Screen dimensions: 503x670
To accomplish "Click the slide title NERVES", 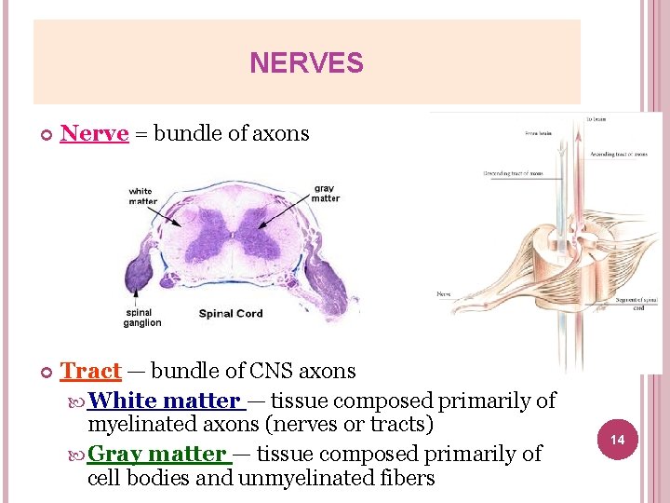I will (x=306, y=63).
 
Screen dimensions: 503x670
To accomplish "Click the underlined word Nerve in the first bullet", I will (x=94, y=133).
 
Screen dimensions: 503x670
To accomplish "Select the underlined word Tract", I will (x=90, y=371).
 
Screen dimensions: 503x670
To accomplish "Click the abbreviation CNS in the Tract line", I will (x=269, y=371).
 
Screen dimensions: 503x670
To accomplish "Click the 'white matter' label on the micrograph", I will (x=142, y=196).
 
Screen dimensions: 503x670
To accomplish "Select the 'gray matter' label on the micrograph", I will (x=326, y=193).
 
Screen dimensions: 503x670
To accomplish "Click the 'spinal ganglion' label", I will (x=142, y=318).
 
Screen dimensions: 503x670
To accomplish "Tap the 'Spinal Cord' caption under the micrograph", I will (x=231, y=314).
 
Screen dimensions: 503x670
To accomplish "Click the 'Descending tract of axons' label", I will (x=513, y=173).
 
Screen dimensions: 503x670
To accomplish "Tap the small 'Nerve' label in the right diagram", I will (x=445, y=294).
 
